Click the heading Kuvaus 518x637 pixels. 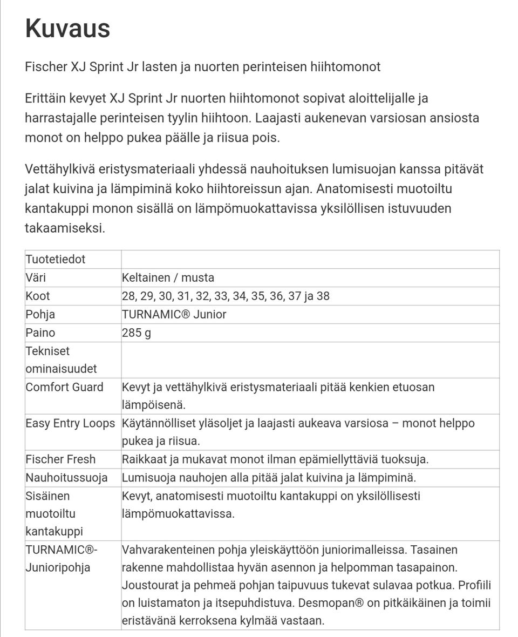click(67, 28)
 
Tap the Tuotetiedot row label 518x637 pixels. click(55, 259)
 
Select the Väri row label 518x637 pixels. click(36, 277)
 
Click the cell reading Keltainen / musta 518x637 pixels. click(168, 277)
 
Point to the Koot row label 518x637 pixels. click(38, 296)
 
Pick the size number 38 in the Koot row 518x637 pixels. click(323, 296)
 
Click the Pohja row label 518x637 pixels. click(40, 314)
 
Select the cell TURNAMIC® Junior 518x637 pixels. click(174, 314)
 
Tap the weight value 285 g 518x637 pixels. click(137, 333)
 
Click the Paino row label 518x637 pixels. click(40, 333)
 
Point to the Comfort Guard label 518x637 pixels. click(64, 387)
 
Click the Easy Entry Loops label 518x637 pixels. click(70, 423)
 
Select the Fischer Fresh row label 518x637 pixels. click(60, 459)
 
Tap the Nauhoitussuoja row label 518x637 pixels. click(66, 478)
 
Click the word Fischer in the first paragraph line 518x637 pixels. click(46, 67)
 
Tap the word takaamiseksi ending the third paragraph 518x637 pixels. click(65, 228)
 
